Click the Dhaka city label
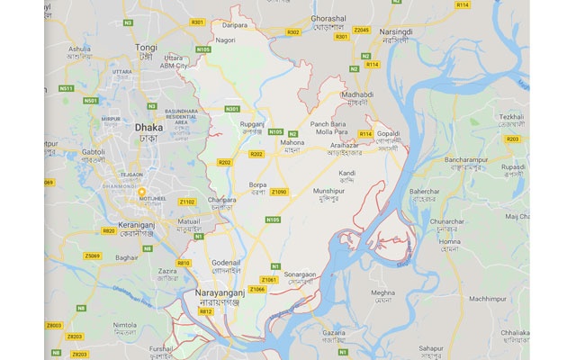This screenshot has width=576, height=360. coord(148,129)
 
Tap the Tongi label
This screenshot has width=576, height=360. coord(146,47)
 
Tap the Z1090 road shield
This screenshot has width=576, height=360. coord(280,192)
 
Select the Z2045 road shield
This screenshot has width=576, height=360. coord(361,30)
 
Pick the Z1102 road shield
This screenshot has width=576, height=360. coord(186,202)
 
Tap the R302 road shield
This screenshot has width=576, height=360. coord(292,32)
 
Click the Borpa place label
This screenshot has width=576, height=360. coord(257,184)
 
